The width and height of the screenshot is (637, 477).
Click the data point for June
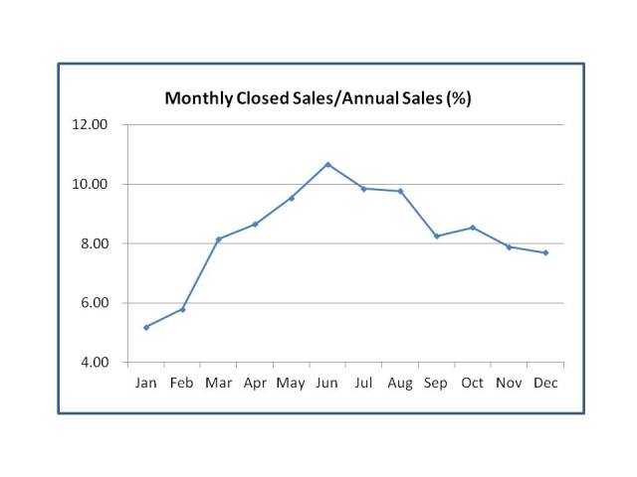pyautogui.click(x=327, y=164)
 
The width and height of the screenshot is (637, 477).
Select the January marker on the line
pyautogui.click(x=146, y=327)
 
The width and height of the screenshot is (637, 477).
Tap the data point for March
pyautogui.click(x=219, y=239)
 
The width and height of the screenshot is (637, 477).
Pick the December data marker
pyautogui.click(x=545, y=252)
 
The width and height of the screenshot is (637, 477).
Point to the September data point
pyautogui.click(x=436, y=236)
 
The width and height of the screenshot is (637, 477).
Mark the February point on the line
pyautogui.click(x=182, y=309)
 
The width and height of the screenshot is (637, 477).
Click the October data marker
pyautogui.click(x=473, y=228)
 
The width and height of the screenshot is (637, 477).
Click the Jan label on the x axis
pyautogui.click(x=146, y=383)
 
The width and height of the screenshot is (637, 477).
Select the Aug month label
pyautogui.click(x=400, y=383)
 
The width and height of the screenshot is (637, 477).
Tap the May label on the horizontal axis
pyautogui.click(x=291, y=384)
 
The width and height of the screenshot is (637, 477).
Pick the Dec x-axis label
pyautogui.click(x=545, y=383)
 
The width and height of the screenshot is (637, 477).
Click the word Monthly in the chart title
pyautogui.click(x=197, y=98)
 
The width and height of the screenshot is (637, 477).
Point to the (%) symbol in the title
pyautogui.click(x=458, y=98)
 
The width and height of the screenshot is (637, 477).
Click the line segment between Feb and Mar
pyautogui.click(x=201, y=274)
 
